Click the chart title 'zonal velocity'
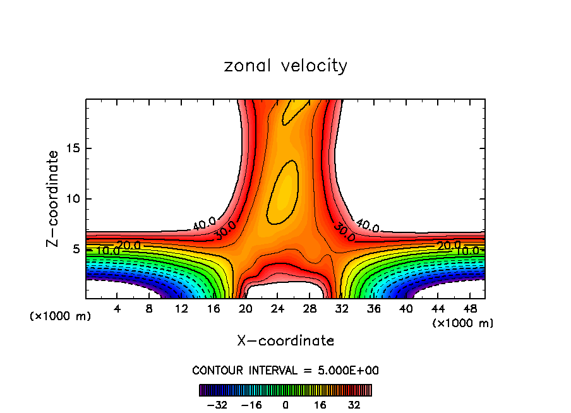point(285,66)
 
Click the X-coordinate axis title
point(285,341)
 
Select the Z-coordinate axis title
point(54,198)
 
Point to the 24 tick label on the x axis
point(278,308)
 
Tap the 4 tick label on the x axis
point(117,308)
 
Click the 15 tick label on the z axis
point(75,149)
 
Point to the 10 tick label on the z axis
point(75,200)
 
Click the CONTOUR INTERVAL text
point(285,371)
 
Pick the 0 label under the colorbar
point(285,405)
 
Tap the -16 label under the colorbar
point(251,405)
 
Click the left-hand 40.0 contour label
point(205,223)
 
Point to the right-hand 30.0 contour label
point(345,230)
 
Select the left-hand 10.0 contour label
point(108,251)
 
